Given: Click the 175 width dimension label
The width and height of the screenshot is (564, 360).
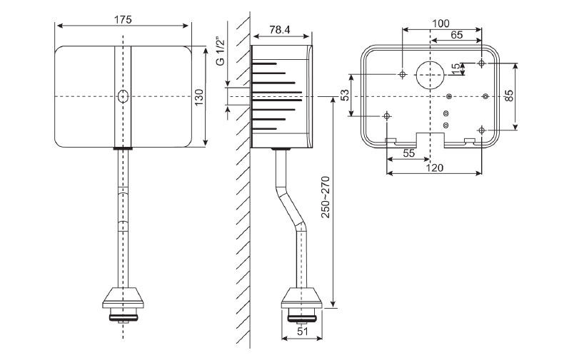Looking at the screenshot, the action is point(123,19).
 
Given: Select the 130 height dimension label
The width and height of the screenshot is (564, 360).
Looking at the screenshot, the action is point(199,97).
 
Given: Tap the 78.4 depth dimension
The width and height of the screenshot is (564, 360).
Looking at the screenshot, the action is point(280,30).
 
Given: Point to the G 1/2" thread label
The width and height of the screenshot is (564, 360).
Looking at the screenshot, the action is point(221,51).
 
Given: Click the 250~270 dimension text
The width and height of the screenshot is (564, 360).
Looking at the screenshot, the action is point(326,197).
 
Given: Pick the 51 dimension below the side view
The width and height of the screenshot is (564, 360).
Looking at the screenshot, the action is point(303,331).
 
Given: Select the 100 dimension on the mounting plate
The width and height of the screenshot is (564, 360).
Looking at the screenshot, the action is point(440,24).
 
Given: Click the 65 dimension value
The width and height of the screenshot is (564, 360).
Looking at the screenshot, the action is point(456,35).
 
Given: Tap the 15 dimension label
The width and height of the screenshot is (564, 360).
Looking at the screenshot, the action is point(455,68).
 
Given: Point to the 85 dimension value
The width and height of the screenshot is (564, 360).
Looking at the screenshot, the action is point(509,96).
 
